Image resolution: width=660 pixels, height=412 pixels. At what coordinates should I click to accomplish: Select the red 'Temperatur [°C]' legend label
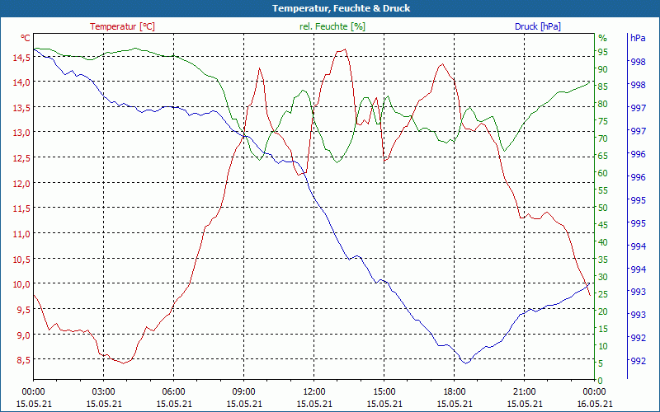coord(122,26)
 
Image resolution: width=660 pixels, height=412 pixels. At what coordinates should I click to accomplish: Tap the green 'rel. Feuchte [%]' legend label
coord(332,26)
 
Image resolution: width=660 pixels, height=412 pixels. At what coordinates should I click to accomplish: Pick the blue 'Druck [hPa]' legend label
coord(537,26)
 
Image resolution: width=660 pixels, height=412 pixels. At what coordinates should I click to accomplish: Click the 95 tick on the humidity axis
coord(602,52)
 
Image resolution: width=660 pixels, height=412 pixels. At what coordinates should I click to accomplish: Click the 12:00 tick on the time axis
coord(313,391)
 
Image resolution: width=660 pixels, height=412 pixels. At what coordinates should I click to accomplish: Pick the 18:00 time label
coord(454,391)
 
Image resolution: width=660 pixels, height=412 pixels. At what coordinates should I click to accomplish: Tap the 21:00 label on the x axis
coord(524,391)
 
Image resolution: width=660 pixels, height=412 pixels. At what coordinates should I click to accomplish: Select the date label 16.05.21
coord(594,404)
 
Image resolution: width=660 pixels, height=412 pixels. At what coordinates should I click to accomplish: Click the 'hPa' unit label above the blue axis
coord(637,38)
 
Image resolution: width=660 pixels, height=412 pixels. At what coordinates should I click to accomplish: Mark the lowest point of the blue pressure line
coord(466,363)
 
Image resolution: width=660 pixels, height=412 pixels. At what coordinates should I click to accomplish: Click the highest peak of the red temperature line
coord(343,49)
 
